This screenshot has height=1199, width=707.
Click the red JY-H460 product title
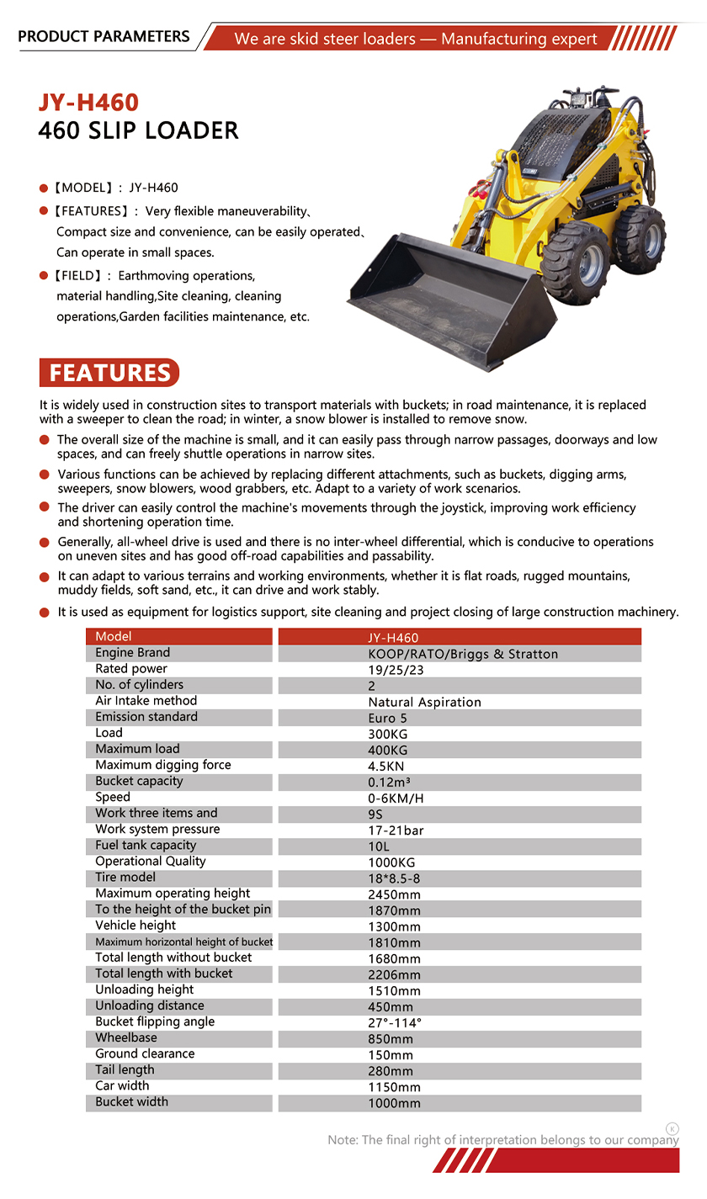coord(88,103)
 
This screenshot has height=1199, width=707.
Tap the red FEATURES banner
coord(109,373)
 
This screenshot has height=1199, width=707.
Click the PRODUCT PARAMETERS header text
coord(104,36)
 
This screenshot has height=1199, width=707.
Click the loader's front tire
coord(576,262)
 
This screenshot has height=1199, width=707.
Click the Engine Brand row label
coord(132,653)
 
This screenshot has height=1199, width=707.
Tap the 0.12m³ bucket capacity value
coord(389,783)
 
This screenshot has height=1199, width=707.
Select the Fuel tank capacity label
coord(146,845)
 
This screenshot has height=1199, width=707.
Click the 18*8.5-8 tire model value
coord(394,878)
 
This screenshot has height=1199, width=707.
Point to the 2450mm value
coord(394,894)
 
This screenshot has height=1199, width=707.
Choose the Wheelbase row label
coord(126,1037)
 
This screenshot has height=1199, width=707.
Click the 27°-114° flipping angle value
coord(395,1022)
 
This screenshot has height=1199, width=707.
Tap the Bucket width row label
coord(131,1101)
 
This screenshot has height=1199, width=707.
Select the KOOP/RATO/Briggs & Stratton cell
coord(463,654)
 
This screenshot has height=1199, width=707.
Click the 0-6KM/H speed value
coord(396,798)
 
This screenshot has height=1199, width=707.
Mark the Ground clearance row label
coord(145,1053)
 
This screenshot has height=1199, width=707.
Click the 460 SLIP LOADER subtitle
coord(139,131)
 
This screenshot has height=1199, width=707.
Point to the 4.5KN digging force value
coord(386,767)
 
